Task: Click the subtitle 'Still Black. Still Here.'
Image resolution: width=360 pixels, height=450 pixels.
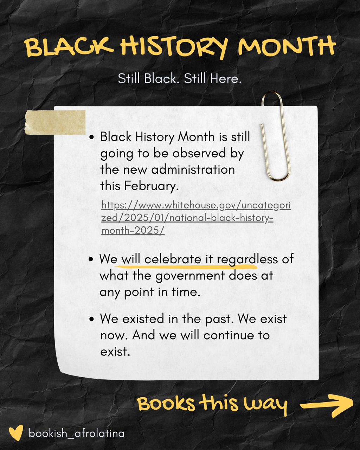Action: point(180,78)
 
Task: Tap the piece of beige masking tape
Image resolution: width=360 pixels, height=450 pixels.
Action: point(55,122)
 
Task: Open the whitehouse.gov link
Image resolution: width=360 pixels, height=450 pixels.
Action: point(196,218)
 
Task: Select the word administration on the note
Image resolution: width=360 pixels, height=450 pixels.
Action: point(193,169)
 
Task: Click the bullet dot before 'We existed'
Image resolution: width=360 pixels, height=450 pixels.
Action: point(92,320)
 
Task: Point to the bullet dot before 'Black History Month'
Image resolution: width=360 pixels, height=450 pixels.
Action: point(92,137)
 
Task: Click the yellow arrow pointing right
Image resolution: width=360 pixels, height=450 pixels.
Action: point(327,405)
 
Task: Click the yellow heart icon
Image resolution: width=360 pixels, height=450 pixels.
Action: point(16,433)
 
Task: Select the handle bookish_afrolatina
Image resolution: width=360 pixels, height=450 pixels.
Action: point(77,433)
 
